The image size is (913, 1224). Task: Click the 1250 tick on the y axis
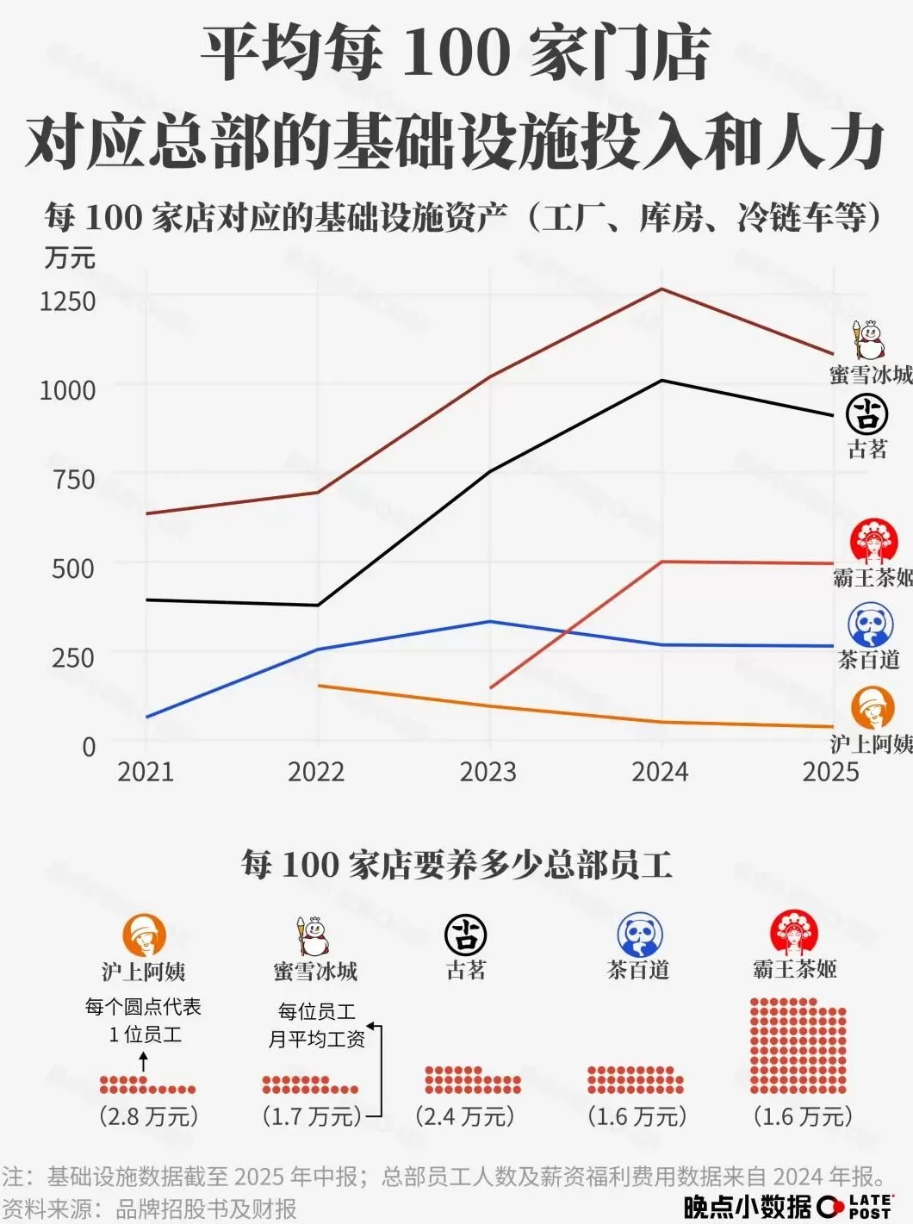coord(67,301)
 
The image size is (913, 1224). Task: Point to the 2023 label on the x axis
coord(488,771)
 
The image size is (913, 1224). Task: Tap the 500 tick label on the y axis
coord(72,569)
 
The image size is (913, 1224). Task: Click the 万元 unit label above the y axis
coord(70,258)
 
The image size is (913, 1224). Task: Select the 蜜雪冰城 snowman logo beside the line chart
coord(869,340)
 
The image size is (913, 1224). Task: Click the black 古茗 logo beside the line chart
coord(866,414)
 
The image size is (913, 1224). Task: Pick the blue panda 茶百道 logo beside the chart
coord(870,625)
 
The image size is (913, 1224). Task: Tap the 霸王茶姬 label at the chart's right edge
coord(872,577)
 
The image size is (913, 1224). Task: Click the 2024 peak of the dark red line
coord(661,289)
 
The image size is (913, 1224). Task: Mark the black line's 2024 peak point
coord(661,380)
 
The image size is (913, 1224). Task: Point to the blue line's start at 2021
coord(147,717)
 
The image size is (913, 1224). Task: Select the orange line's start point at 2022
coord(319,686)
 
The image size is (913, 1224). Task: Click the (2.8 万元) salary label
coord(148,1116)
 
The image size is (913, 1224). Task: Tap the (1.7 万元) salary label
coord(312,1116)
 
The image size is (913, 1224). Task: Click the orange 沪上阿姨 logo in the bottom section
coord(144,935)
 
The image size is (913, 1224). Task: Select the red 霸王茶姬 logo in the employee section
coord(793,934)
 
